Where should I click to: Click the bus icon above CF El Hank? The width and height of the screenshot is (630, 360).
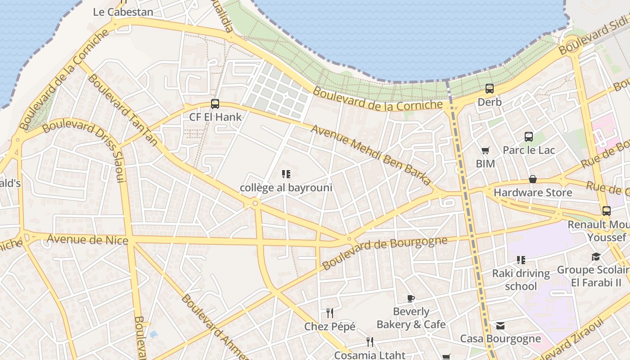(215, 104)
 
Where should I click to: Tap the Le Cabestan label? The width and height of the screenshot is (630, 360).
(123, 12)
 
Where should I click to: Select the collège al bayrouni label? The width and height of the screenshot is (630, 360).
(286, 188)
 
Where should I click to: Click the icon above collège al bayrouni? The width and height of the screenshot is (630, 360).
(286, 174)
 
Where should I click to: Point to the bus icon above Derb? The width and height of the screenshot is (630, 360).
(490, 89)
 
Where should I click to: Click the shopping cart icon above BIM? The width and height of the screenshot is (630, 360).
(485, 150)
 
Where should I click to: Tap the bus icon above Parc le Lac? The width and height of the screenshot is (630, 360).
(529, 136)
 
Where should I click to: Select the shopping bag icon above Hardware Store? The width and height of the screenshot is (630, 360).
(533, 179)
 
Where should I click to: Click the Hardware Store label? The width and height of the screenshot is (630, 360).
(533, 193)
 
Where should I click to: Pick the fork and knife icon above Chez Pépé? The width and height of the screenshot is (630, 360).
(330, 313)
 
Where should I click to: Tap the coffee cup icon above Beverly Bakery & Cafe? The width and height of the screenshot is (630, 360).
(410, 298)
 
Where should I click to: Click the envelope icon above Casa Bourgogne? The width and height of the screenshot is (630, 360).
(500, 325)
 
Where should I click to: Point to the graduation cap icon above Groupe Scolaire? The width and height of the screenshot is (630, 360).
(596, 256)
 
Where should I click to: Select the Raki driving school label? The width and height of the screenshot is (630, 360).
(521, 279)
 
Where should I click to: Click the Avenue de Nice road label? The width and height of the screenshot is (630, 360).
(87, 239)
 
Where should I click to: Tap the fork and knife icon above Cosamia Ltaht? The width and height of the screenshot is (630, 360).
(369, 342)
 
